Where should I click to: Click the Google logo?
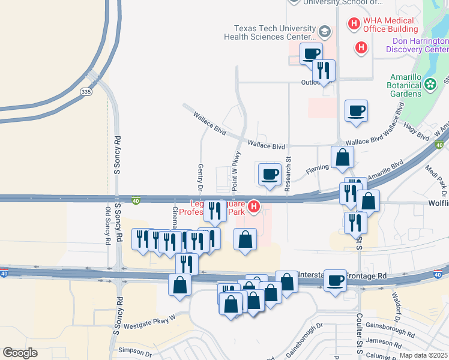(20, 353)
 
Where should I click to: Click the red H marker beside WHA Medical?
(354, 23)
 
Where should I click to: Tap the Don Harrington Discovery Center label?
(420, 45)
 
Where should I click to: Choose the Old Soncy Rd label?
(108, 226)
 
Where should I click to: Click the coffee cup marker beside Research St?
(270, 174)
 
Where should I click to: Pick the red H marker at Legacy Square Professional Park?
(254, 207)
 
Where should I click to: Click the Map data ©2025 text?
(423, 355)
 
